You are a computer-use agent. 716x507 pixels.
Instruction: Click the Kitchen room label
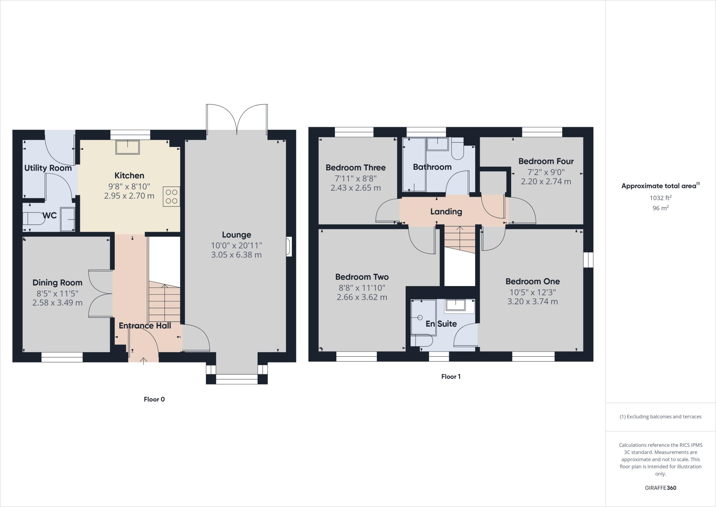pyautogui.click(x=129, y=175)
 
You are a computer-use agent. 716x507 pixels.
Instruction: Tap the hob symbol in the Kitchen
pyautogui.click(x=171, y=196)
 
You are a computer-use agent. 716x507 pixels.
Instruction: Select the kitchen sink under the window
pyautogui.click(x=128, y=147)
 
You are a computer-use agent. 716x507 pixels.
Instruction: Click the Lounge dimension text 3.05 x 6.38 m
pyautogui.click(x=236, y=255)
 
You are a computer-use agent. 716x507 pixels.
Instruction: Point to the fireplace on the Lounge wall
pyautogui.click(x=289, y=246)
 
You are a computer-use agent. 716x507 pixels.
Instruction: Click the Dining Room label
pyautogui.click(x=57, y=283)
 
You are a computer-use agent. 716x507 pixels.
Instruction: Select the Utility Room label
pyautogui.click(x=48, y=168)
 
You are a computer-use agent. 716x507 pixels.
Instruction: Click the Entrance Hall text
pyautogui.click(x=145, y=326)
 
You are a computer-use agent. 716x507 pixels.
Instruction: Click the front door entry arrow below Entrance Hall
pyautogui.click(x=144, y=361)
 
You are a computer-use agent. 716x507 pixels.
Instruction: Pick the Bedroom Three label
pyautogui.click(x=356, y=167)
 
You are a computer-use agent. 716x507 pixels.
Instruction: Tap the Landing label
pyautogui.click(x=446, y=211)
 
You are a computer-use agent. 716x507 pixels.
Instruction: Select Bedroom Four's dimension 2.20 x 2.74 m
pyautogui.click(x=546, y=181)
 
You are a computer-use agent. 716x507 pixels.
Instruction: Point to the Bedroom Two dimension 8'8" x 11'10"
pyautogui.click(x=362, y=288)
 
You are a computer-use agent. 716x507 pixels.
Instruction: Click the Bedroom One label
pyautogui.click(x=532, y=282)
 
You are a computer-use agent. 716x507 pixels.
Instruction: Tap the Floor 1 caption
pyautogui.click(x=451, y=377)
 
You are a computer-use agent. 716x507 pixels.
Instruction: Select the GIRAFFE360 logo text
pyautogui.click(x=660, y=488)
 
